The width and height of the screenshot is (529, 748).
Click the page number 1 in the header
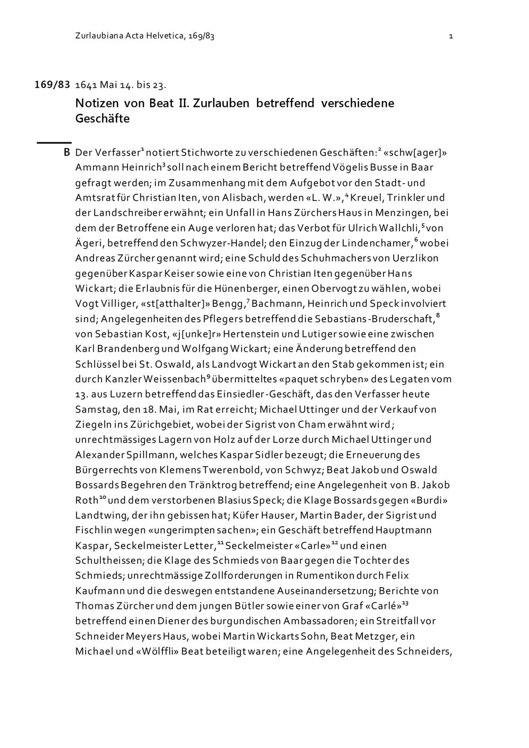[450, 37]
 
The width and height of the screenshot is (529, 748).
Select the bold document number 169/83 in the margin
[52, 85]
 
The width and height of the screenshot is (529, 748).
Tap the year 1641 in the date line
[86, 85]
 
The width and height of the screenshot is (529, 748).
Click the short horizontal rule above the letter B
[53, 142]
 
